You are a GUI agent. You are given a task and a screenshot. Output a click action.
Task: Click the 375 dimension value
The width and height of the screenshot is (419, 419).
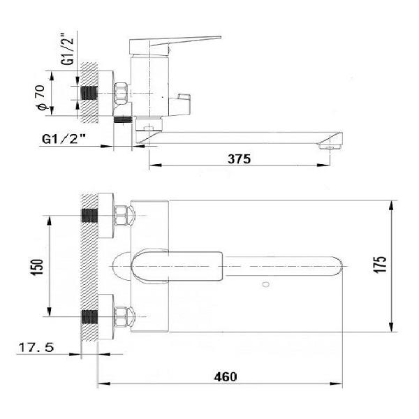pyautogui.click(x=239, y=159)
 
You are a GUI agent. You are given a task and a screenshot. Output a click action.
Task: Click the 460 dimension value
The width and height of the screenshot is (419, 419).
pyautogui.click(x=226, y=377)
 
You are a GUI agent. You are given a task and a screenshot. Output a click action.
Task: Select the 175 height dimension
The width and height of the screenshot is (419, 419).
pyautogui.click(x=379, y=265)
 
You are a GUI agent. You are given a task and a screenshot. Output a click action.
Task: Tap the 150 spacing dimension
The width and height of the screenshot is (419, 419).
pyautogui.click(x=38, y=267)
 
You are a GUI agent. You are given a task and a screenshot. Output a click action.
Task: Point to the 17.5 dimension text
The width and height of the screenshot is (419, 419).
pyautogui.click(x=36, y=348)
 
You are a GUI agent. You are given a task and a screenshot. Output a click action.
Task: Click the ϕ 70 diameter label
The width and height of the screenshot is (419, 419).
pyautogui.click(x=41, y=98)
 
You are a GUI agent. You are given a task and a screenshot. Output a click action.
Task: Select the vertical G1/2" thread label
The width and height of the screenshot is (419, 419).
pyautogui.click(x=67, y=49)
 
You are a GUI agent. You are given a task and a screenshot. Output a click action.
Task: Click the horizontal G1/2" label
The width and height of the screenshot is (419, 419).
pyautogui.click(x=64, y=139)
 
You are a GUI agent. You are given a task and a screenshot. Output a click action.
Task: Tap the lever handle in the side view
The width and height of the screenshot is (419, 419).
pyautogui.click(x=175, y=43)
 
